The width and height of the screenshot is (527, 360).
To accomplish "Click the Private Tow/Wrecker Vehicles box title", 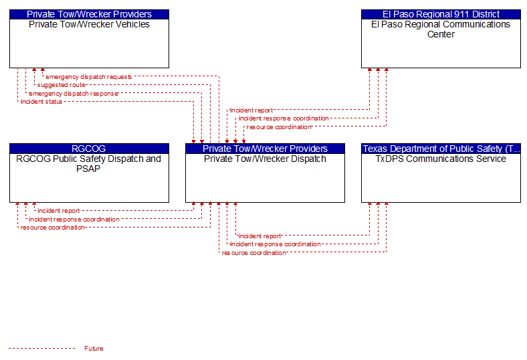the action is [x=89, y=25].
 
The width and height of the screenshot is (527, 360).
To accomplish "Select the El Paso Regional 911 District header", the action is [x=441, y=14].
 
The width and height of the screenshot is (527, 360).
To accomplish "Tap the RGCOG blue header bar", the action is [x=89, y=149].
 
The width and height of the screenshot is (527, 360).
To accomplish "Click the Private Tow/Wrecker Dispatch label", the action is [x=265, y=159].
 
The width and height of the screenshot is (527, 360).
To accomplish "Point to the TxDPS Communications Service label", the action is [x=441, y=159].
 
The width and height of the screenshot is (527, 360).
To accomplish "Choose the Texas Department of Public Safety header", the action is [x=441, y=149].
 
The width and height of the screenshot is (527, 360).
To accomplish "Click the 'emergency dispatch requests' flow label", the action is [x=89, y=77].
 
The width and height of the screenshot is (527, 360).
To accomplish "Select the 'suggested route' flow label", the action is [x=62, y=85].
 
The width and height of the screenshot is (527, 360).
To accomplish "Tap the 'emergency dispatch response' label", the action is [x=74, y=94].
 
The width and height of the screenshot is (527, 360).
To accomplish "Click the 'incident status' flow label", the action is [x=41, y=102].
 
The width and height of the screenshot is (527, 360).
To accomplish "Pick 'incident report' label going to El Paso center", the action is [x=251, y=110].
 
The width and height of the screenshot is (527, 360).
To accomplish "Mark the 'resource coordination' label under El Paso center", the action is [x=280, y=127].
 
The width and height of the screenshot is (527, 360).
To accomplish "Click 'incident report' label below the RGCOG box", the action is [x=59, y=211].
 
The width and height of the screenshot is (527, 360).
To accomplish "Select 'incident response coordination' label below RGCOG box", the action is [x=74, y=219].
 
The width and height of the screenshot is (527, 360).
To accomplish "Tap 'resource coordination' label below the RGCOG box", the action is [x=53, y=228].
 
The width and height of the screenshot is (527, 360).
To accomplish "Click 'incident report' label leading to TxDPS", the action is [x=259, y=236].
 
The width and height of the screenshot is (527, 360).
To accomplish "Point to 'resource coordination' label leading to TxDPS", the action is [x=253, y=253].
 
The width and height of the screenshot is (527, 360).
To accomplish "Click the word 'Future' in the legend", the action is [x=94, y=349].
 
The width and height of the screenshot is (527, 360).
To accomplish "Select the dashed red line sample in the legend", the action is [x=42, y=348].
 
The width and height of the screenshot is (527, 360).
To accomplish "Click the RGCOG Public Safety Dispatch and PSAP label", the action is [x=89, y=164].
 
